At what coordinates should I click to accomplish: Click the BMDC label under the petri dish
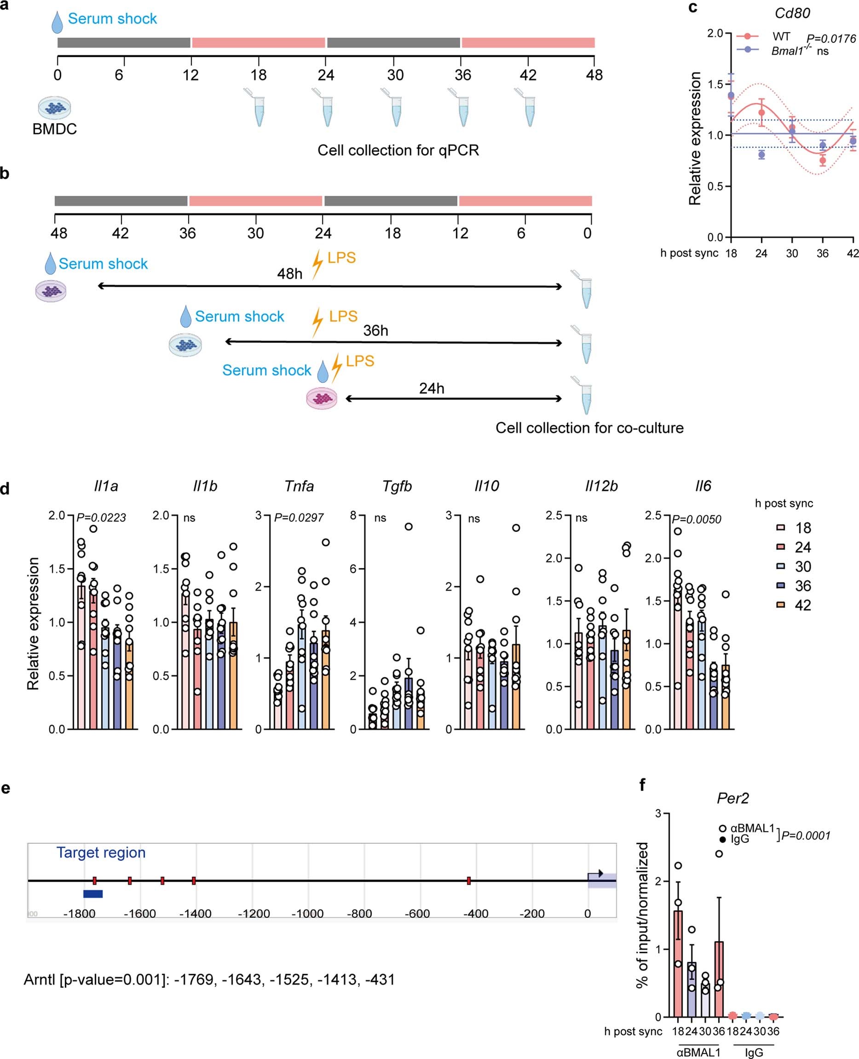click(x=54, y=129)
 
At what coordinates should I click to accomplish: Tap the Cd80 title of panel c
click(x=792, y=13)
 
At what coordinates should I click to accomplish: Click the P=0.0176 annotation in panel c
click(x=831, y=39)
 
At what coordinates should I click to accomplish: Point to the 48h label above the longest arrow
click(x=289, y=274)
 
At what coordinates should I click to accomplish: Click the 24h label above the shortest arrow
click(x=432, y=388)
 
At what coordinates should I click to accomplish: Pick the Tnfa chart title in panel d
click(x=299, y=486)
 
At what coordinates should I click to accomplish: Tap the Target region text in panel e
click(x=101, y=852)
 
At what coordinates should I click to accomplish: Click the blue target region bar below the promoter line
click(x=93, y=893)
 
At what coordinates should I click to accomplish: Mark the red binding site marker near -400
click(x=468, y=881)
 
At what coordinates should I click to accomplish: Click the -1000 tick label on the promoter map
click(x=307, y=914)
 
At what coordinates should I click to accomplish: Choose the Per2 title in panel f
click(x=733, y=798)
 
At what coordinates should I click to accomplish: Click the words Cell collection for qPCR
click(x=398, y=150)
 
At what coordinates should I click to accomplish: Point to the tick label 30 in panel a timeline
click(x=395, y=75)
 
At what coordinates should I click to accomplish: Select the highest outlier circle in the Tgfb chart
click(x=409, y=526)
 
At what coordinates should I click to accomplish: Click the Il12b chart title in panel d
click(x=601, y=486)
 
